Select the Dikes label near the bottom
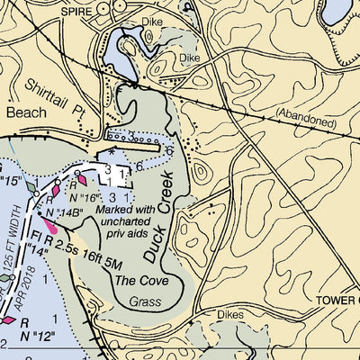pyautogui.click(x=230, y=315)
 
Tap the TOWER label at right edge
pyautogui.click(x=338, y=299)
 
